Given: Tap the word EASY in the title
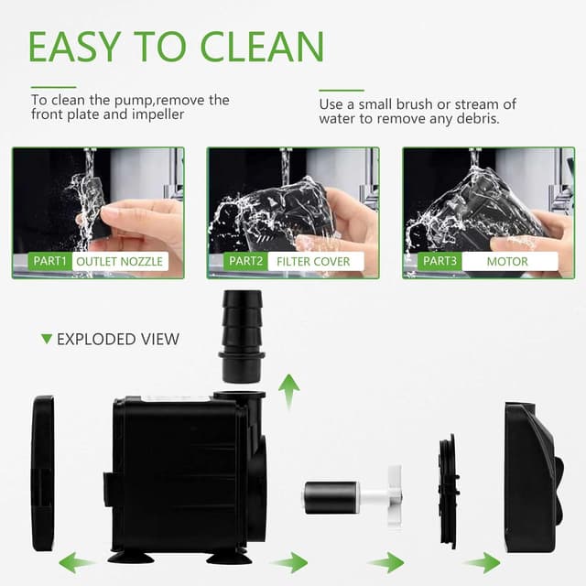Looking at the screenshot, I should pyautogui.click(x=72, y=46).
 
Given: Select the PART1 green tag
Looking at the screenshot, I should pyautogui.click(x=49, y=261).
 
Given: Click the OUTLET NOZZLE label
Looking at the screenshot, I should pyautogui.click(x=119, y=261).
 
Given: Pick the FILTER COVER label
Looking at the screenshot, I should pyautogui.click(x=313, y=261).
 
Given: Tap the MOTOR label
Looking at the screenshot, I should pyautogui.click(x=509, y=261).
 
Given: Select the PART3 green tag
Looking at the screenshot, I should pyautogui.click(x=440, y=261).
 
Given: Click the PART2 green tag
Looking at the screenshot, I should pyautogui.click(x=245, y=261).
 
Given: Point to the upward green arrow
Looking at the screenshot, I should pyautogui.click(x=289, y=391).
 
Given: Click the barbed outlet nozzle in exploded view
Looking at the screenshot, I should pyautogui.click(x=241, y=334).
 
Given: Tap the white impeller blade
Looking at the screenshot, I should pyautogui.click(x=394, y=494).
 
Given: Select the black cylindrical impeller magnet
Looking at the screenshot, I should pyautogui.click(x=331, y=497).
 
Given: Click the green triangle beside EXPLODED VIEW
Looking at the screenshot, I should pyautogui.click(x=47, y=339).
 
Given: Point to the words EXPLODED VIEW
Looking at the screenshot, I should pyautogui.click(x=118, y=339).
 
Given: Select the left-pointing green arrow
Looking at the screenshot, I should pyautogui.click(x=76, y=562).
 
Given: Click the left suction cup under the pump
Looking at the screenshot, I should pyautogui.click(x=131, y=555).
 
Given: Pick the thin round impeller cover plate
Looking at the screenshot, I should pyautogui.click(x=448, y=493).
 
